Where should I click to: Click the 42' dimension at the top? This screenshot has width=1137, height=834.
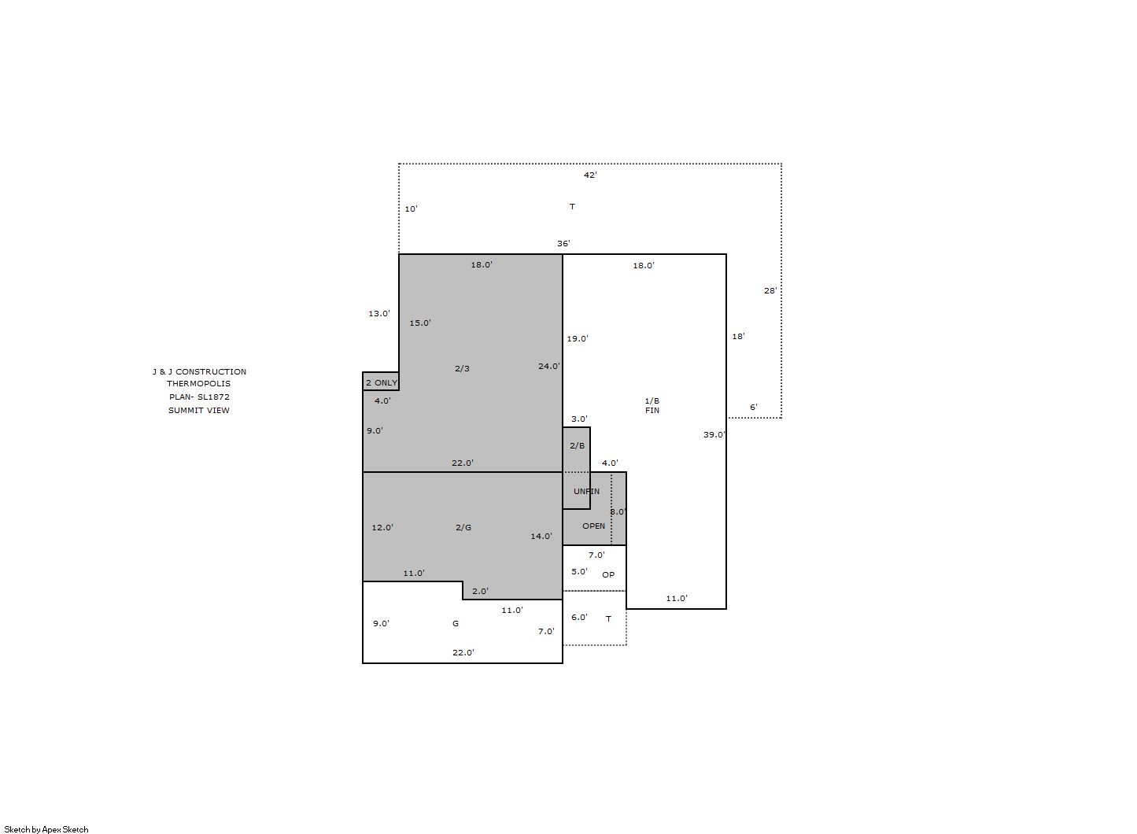pyautogui.click(x=590, y=175)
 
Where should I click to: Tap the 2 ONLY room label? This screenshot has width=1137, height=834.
pyautogui.click(x=382, y=382)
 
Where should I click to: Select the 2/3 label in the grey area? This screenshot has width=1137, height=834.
pyautogui.click(x=462, y=368)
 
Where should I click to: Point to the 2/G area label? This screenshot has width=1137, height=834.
pyautogui.click(x=463, y=527)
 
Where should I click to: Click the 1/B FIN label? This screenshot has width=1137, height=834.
pyautogui.click(x=652, y=405)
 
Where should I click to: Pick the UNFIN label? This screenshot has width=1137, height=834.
pyautogui.click(x=586, y=492)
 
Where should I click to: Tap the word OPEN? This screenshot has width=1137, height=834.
pyautogui.click(x=593, y=526)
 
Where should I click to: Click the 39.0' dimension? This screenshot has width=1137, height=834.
pyautogui.click(x=714, y=434)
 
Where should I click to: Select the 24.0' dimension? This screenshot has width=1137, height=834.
pyautogui.click(x=549, y=366)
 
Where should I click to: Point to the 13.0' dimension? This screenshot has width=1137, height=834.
pyautogui.click(x=379, y=314)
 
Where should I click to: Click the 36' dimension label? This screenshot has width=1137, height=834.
pyautogui.click(x=563, y=244)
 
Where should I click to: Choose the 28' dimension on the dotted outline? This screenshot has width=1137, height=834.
pyautogui.click(x=770, y=291)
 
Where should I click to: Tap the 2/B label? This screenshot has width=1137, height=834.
pyautogui.click(x=577, y=445)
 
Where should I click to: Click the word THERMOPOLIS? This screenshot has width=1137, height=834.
pyautogui.click(x=198, y=384)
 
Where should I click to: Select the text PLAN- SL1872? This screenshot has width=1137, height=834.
pyautogui.click(x=199, y=397)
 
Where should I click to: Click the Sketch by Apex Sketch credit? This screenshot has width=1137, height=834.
pyautogui.click(x=46, y=829)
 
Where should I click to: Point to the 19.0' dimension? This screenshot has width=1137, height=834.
pyautogui.click(x=578, y=338)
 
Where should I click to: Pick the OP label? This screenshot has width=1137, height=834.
pyautogui.click(x=608, y=574)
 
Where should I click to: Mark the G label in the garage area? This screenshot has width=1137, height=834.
pyautogui.click(x=456, y=623)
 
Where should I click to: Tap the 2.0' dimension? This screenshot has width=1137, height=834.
pyautogui.click(x=480, y=591)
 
